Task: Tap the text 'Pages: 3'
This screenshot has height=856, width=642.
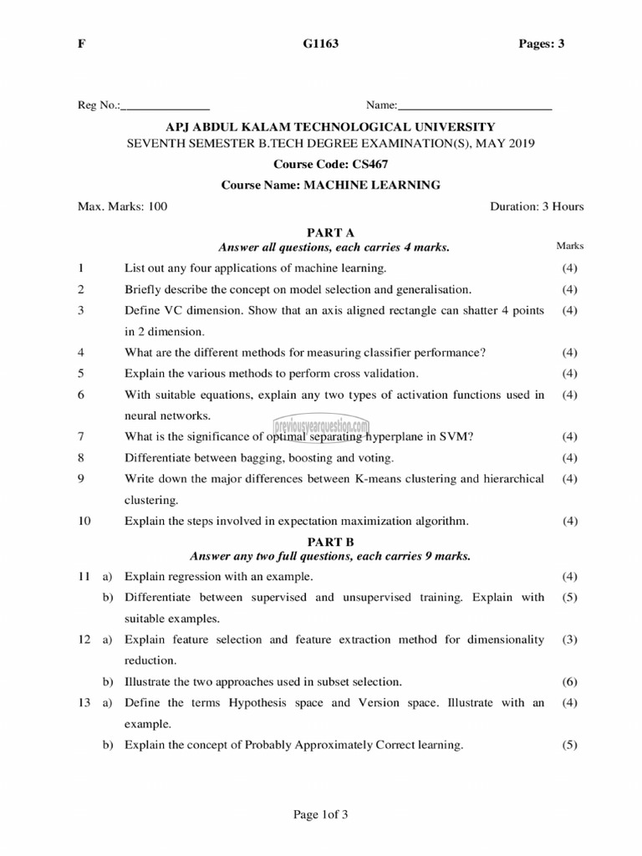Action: [542, 44]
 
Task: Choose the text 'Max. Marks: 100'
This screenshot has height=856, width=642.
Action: [122, 206]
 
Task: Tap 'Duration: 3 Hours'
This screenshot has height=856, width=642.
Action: [537, 206]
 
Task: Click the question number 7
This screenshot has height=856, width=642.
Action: [80, 436]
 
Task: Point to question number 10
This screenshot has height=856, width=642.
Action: [84, 521]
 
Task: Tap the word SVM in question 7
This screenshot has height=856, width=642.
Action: [460, 436]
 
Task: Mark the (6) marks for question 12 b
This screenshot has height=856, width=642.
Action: [570, 681]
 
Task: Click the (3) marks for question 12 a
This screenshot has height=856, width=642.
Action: [570, 639]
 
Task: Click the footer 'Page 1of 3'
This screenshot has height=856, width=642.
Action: [319, 816]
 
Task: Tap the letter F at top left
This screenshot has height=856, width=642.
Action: [81, 44]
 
